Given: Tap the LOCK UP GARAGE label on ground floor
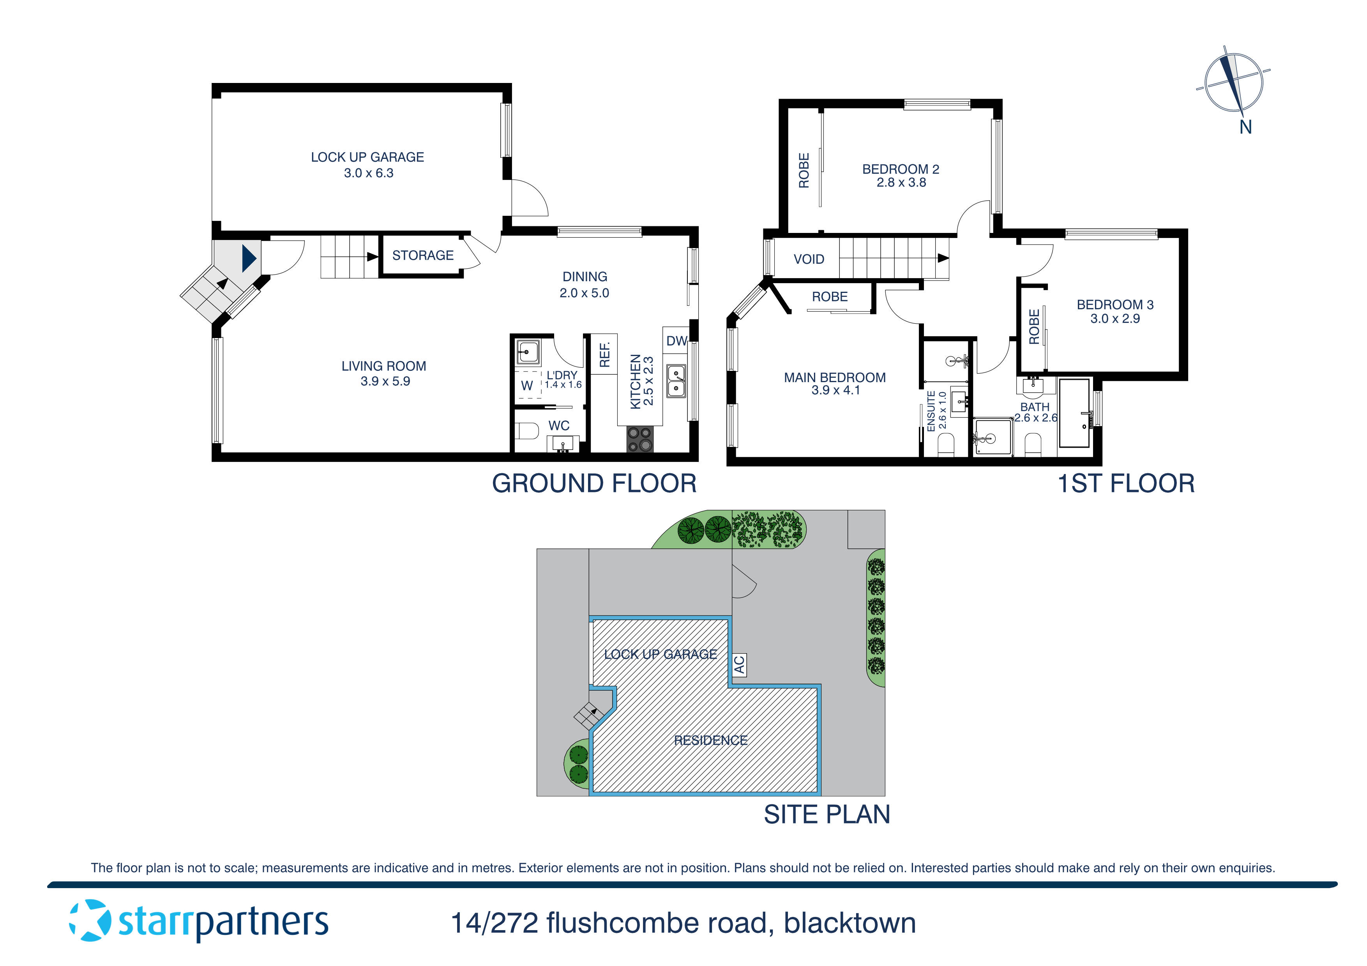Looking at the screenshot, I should click(x=367, y=157).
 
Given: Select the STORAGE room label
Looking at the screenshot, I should click(x=423, y=256).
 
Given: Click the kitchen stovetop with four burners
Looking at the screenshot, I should click(x=639, y=440).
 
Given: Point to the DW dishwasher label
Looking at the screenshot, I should click(x=676, y=341).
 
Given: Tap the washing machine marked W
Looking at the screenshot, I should click(x=527, y=386).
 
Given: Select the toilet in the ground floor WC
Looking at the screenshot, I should click(x=525, y=430).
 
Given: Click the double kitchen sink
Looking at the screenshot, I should click(x=676, y=381).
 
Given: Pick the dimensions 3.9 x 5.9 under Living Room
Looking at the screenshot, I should click(x=385, y=381).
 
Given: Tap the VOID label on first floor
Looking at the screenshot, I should click(x=809, y=259).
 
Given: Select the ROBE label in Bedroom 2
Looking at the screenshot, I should click(x=804, y=171).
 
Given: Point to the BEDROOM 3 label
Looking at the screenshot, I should click(x=1114, y=305).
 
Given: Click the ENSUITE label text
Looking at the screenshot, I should click(x=931, y=411).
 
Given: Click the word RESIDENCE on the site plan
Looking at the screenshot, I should click(x=710, y=740).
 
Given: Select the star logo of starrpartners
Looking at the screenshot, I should click(x=90, y=921).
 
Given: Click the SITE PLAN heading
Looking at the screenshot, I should click(x=827, y=814).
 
